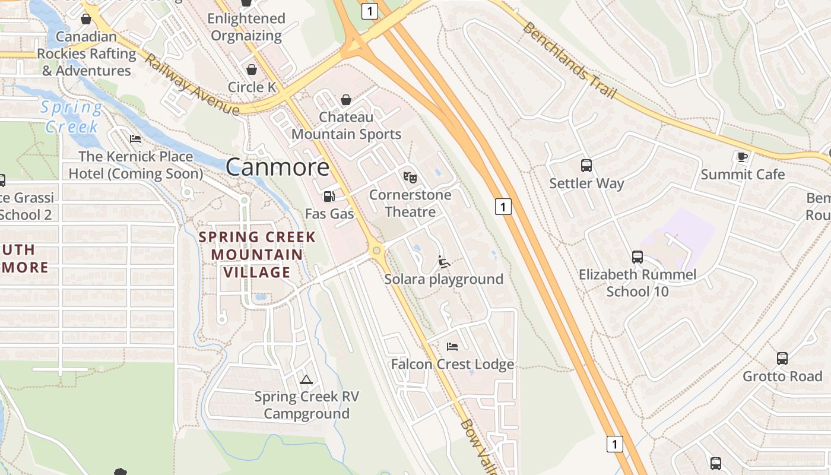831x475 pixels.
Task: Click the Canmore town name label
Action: coord(277,167)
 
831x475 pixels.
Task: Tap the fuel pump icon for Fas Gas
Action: coord(328,197)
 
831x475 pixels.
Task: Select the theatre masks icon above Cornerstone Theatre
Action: coord(410,177)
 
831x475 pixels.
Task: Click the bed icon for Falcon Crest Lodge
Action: coord(452,346)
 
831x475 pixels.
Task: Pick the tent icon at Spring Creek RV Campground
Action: coord(306,379)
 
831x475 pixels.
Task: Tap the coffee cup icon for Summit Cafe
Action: coord(742,157)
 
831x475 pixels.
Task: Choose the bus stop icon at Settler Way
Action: coord(586,166)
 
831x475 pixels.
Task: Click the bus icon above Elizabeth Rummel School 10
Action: coord(637,257)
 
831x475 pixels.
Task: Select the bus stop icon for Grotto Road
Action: coord(782,359)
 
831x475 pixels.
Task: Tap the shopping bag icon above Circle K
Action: coord(252,69)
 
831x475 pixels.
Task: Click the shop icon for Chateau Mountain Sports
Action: coord(346,99)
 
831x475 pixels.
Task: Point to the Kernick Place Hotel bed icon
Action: coord(135,139)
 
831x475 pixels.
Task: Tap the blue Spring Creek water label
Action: coord(71,117)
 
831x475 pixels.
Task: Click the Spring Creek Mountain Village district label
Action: coord(257,255)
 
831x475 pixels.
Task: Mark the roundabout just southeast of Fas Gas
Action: coord(376,251)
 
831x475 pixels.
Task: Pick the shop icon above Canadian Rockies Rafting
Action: coord(86,19)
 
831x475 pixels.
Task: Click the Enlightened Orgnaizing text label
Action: coord(246,27)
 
